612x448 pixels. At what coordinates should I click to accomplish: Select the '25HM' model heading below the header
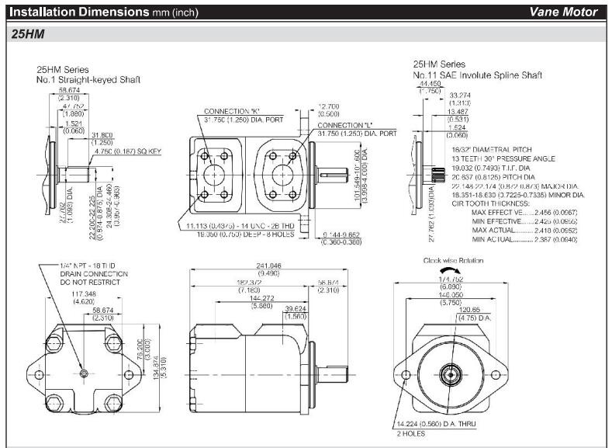pyautogui.click(x=29, y=34)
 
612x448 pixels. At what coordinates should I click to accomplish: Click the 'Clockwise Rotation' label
pyautogui.click(x=454, y=261)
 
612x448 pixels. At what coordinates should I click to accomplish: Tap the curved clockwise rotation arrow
pyautogui.click(x=454, y=272)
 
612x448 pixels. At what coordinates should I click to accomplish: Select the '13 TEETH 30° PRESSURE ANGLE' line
pyautogui.click(x=502, y=158)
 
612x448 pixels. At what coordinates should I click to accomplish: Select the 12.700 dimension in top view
pyautogui.click(x=331, y=106)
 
